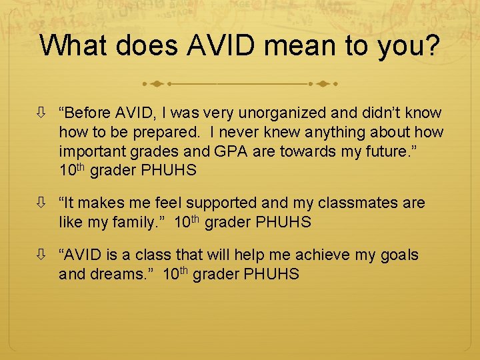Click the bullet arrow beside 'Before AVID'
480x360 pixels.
click(x=43, y=113)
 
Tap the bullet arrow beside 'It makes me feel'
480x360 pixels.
click(x=43, y=203)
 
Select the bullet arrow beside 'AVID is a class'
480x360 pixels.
click(x=43, y=255)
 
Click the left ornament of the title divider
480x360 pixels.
click(x=157, y=85)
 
